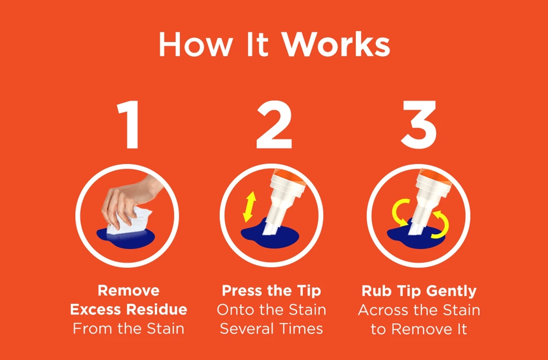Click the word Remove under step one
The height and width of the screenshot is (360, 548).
coord(129,290)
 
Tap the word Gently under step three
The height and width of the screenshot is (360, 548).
coord(451,290)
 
